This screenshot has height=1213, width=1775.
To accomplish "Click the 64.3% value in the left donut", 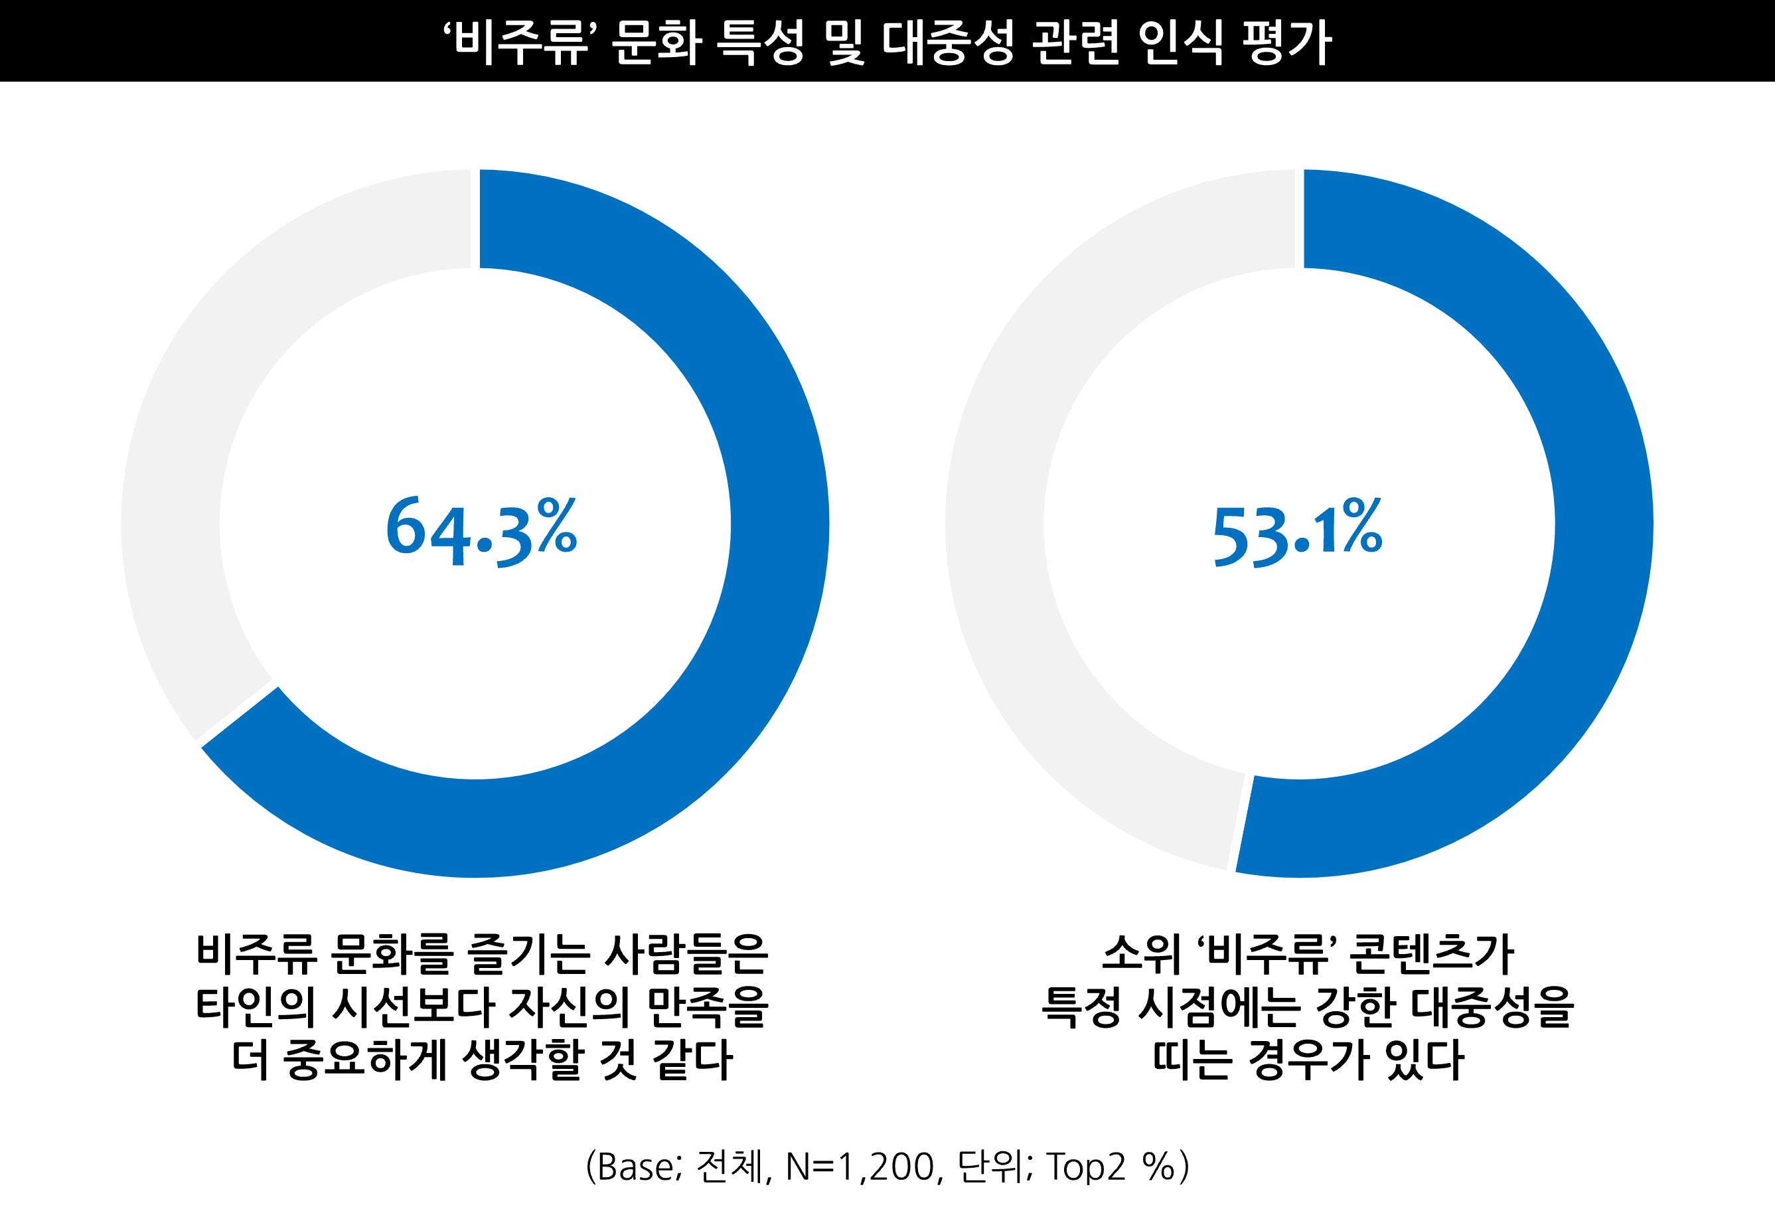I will pyautogui.click(x=481, y=532).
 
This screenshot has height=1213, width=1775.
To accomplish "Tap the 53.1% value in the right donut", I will pyautogui.click(x=1298, y=532).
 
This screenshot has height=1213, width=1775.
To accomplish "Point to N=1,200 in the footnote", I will pyautogui.click(x=859, y=1167).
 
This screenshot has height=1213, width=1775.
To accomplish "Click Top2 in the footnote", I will pyautogui.click(x=1085, y=1167).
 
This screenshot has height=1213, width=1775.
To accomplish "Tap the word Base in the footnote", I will pyautogui.click(x=635, y=1167).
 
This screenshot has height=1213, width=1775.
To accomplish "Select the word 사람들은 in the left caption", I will pyautogui.click(x=686, y=954).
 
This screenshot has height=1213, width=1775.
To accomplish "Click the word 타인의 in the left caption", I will pyautogui.click(x=256, y=1007).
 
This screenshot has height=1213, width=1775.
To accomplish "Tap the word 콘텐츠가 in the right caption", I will pyautogui.click(x=1431, y=954).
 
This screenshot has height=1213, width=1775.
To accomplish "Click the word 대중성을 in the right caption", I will pyautogui.click(x=1492, y=1007).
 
